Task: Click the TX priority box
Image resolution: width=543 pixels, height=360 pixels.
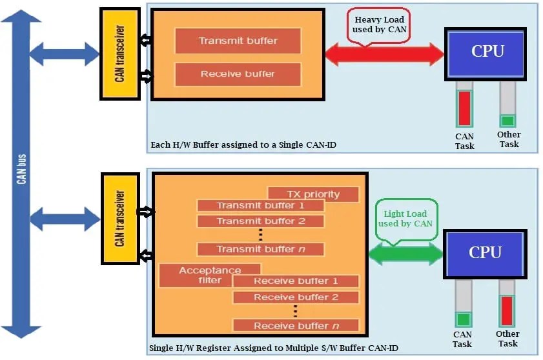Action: coord(313,194)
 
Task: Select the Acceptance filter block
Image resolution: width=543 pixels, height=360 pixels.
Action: coord(209,275)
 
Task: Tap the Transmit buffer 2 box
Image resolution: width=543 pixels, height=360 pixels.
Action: coord(260,221)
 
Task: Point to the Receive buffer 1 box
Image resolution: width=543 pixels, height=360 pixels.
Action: coord(295,281)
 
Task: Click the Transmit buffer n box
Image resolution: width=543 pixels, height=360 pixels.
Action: coord(260,249)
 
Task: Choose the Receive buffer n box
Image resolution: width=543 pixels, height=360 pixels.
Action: coord(295,325)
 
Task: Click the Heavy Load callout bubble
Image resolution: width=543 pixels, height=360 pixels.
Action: coord(379,26)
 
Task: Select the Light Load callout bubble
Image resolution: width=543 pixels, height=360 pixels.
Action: coord(405,218)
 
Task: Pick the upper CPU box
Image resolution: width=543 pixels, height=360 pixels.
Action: coord(487,52)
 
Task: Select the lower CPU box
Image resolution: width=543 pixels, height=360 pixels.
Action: coord(485,254)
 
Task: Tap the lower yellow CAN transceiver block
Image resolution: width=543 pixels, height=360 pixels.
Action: coord(119,218)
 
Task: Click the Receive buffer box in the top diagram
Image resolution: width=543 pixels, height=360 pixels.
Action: coord(238,74)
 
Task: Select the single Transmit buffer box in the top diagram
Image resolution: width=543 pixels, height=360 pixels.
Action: coord(238,41)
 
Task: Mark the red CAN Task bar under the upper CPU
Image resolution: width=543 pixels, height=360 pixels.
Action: coord(464,108)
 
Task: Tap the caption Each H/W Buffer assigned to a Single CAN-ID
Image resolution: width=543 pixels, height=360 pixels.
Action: coord(243,145)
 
